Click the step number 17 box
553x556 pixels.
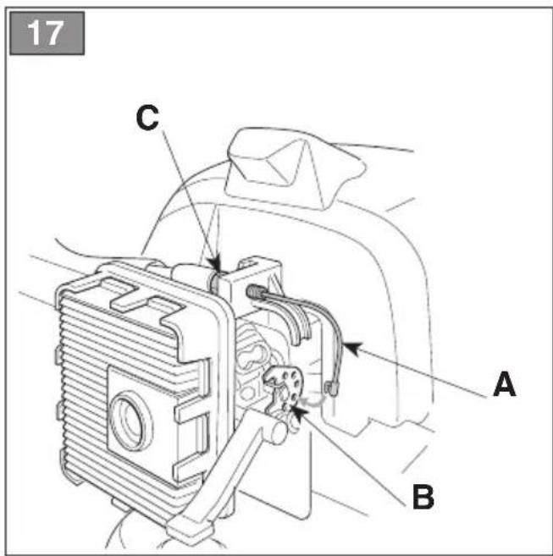pos(47,33)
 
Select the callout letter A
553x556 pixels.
pos(505,384)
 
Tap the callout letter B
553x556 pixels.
pos(423,497)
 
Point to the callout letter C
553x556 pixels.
pos(147,118)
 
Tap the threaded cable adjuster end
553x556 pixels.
pos(255,292)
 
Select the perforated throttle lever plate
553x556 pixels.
pos(285,388)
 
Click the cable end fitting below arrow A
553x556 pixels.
pos(331,388)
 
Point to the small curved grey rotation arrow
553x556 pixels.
pos(314,400)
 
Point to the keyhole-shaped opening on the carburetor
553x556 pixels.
pos(252,358)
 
